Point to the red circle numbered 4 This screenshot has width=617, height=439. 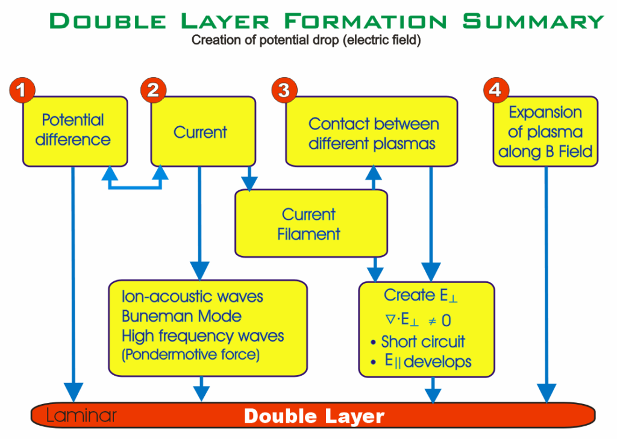click(495, 90)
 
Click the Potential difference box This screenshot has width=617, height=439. click(74, 131)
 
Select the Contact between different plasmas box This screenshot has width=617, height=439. click(371, 132)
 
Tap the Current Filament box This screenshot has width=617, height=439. click(310, 224)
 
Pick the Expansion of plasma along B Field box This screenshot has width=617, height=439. click(545, 131)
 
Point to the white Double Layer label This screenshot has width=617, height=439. click(314, 416)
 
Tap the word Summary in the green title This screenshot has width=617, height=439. click(533, 21)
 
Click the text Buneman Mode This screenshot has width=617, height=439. click(181, 317)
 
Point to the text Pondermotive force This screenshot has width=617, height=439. click(192, 355)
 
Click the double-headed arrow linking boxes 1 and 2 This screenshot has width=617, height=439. click(135, 184)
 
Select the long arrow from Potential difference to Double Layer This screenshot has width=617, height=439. click(74, 283)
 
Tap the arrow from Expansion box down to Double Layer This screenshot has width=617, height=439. click(547, 283)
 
